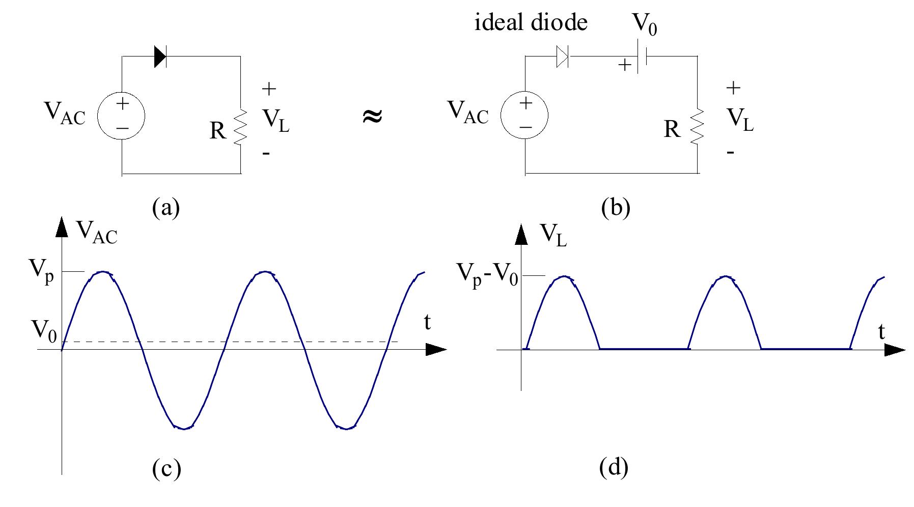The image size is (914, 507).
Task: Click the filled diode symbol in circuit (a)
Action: pyautogui.click(x=160, y=57)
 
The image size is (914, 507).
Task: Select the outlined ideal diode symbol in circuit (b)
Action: pyautogui.click(x=562, y=57)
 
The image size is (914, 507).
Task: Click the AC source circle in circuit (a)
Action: pyautogui.click(x=122, y=117)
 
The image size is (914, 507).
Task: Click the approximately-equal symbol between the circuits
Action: pyautogui.click(x=372, y=117)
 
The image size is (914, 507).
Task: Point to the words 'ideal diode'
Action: pyautogui.click(x=531, y=23)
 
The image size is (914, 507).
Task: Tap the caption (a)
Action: pyautogui.click(x=166, y=208)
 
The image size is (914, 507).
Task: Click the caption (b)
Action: pyautogui.click(x=615, y=208)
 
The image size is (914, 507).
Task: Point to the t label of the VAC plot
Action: pyautogui.click(x=427, y=322)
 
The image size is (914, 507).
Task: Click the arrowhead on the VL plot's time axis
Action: pyautogui.click(x=894, y=350)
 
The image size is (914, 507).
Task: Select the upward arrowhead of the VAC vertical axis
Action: pyautogui.click(x=62, y=227)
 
